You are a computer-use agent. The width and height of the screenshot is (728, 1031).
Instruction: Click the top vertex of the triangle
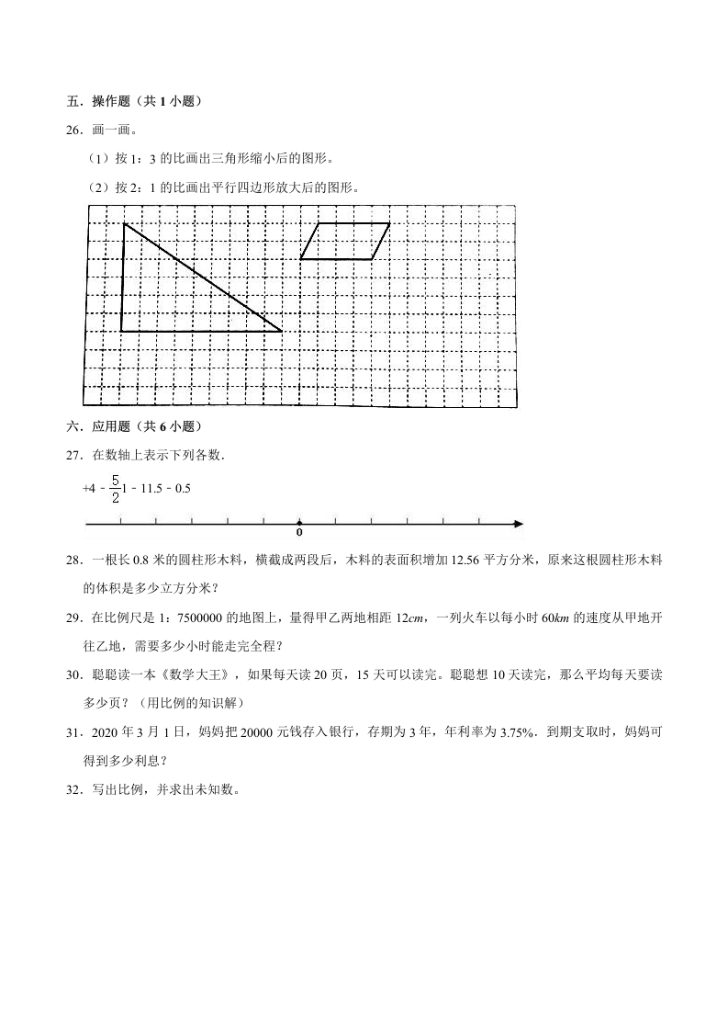(124, 223)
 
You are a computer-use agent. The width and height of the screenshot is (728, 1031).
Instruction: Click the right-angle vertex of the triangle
(121, 331)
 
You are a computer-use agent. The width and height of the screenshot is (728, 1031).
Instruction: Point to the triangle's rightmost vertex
(282, 331)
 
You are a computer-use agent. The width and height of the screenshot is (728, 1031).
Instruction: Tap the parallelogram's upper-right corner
(390, 223)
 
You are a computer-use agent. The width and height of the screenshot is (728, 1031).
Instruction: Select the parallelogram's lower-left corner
(300, 259)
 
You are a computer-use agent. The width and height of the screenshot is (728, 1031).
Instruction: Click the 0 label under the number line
(299, 534)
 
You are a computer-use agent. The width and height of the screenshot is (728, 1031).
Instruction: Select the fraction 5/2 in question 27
(115, 489)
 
